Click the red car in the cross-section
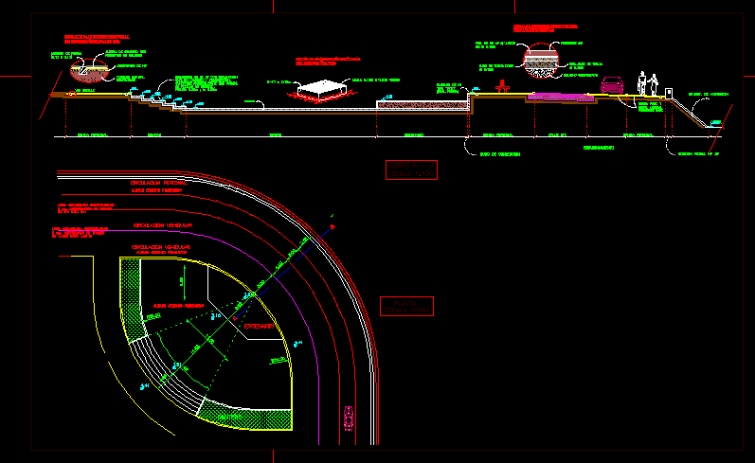pyautogui.click(x=612, y=86)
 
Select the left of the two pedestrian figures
pyautogui.click(x=641, y=83)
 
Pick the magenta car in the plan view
pyautogui.click(x=350, y=416)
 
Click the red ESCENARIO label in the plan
pyautogui.click(x=259, y=327)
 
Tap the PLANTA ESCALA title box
pyautogui.click(x=405, y=306)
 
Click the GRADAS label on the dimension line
pyautogui.click(x=154, y=136)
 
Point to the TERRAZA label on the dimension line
pyautogui.click(x=276, y=136)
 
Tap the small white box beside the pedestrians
pyautogui.click(x=667, y=91)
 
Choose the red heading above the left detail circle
pyautogui.click(x=95, y=39)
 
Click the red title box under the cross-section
pyautogui.click(x=411, y=169)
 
